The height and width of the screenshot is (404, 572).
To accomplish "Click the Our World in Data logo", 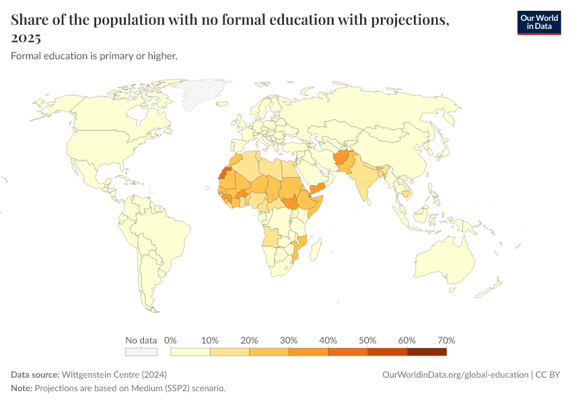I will pos(538,22).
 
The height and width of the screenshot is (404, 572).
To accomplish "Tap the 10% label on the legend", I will pos(210,340).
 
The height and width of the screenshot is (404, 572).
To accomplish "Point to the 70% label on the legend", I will pos(446,340).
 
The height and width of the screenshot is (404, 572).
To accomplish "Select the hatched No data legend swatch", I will pos(141,351).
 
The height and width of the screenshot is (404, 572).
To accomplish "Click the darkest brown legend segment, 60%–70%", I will pos(427,351).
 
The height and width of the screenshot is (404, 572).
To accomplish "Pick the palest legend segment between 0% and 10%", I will pos(190,351).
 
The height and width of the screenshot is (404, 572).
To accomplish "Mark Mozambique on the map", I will pos(300,245).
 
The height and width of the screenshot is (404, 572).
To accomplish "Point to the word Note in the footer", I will pos(22,389).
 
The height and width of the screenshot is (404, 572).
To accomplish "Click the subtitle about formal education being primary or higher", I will pos(94,56).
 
